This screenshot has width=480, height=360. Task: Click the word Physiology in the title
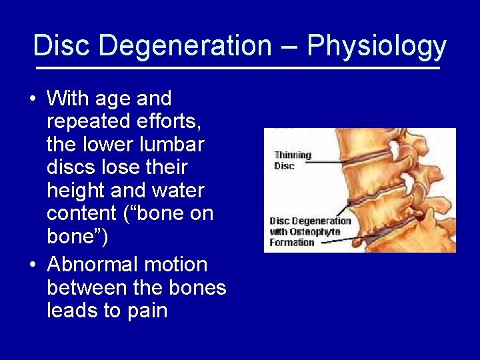tap(377, 47)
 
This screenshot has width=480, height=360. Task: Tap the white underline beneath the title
tap(237, 68)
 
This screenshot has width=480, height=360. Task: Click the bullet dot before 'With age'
tap(32, 99)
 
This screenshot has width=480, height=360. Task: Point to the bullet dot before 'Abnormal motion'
tap(32, 265)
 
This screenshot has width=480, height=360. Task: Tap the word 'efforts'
tap(172, 121)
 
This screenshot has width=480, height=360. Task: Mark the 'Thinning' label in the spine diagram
tap(293, 155)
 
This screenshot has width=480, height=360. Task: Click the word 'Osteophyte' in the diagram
tap(315, 232)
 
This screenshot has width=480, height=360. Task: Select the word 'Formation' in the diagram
tap(291, 243)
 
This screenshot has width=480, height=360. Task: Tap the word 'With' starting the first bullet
tap(69, 99)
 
